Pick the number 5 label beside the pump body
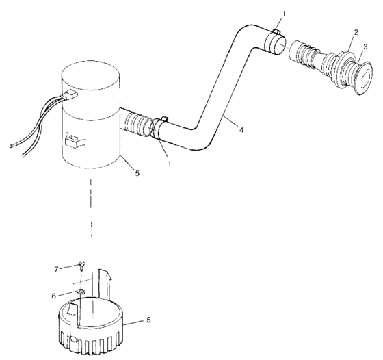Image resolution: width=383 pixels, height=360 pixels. tap(137, 173)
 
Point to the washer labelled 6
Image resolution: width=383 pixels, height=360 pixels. tap(81, 292)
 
